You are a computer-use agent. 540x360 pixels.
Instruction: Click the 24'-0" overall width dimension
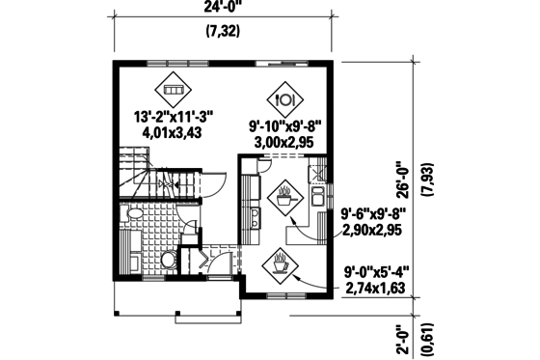pos(224,9)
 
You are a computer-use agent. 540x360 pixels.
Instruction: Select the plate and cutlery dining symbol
pos(284,97)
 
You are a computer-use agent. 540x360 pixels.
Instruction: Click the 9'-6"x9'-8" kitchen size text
pos(375,215)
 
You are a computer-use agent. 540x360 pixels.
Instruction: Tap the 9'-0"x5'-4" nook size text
pos(375,272)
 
